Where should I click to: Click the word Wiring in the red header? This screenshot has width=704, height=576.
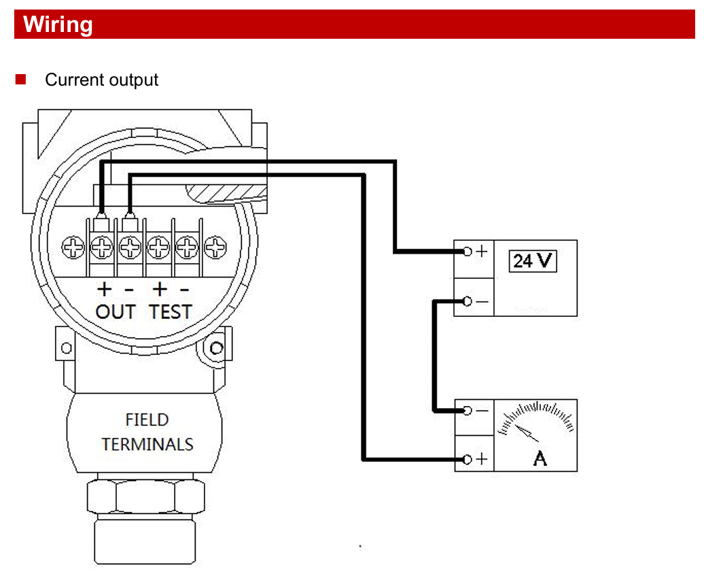click(x=58, y=25)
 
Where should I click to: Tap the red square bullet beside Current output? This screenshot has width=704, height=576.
click(x=20, y=80)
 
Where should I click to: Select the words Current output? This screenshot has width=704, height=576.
click(x=101, y=80)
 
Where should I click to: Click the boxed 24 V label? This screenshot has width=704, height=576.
click(x=533, y=260)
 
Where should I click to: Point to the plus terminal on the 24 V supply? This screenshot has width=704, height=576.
click(x=466, y=252)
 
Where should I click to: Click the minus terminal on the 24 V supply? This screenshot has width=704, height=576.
click(x=466, y=301)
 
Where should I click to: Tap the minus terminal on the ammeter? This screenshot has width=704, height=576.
click(x=466, y=411)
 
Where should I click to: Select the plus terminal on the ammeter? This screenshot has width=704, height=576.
click(x=466, y=460)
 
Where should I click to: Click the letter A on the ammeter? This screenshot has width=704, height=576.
click(x=540, y=459)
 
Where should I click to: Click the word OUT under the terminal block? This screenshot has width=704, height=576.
click(x=116, y=312)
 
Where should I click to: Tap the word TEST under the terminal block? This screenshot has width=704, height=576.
click(x=171, y=312)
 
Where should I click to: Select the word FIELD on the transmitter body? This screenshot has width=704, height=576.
click(x=147, y=420)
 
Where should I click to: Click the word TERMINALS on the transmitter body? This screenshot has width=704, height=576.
click(x=147, y=445)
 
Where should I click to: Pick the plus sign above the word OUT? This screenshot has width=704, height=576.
click(x=103, y=289)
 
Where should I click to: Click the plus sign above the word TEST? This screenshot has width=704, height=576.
click(x=159, y=289)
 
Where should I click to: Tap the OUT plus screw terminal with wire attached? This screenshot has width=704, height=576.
click(x=102, y=245)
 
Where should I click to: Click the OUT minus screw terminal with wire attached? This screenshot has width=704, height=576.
click(x=130, y=245)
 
